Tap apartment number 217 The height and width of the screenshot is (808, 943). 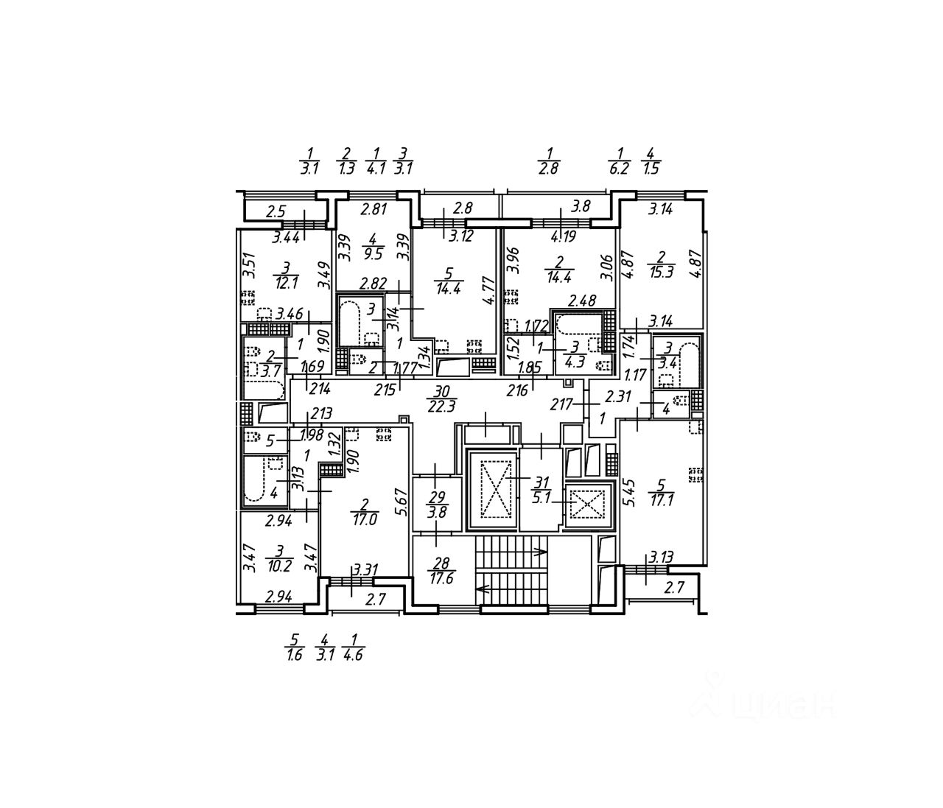(562, 404)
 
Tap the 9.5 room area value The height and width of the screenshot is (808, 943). (374, 255)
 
